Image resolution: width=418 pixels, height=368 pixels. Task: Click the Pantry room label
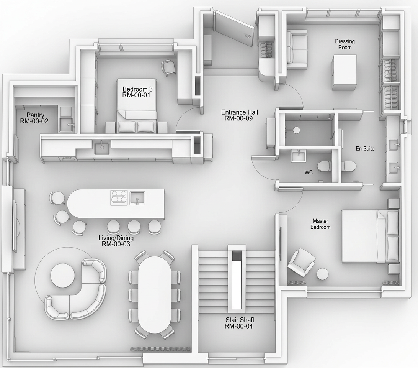coord(34,118)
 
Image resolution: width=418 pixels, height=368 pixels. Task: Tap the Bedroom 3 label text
coord(137,92)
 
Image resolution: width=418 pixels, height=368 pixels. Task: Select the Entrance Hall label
coord(240,115)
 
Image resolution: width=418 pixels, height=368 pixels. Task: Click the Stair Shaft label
coord(240,323)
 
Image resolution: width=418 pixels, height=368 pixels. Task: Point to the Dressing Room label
coord(345,44)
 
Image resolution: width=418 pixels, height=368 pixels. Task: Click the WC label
coord(309,172)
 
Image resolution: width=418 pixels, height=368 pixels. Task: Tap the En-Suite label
coord(365,148)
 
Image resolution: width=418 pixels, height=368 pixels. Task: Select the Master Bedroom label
coord(320,224)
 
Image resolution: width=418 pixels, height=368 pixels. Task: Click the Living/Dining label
coord(116,241)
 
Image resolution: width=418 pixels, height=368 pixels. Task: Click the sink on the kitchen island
coord(137,198)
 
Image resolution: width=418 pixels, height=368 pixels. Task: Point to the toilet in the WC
coord(325,166)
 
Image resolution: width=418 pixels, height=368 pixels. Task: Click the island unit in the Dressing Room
coord(344,72)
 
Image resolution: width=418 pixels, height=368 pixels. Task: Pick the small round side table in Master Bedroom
coord(323,274)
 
